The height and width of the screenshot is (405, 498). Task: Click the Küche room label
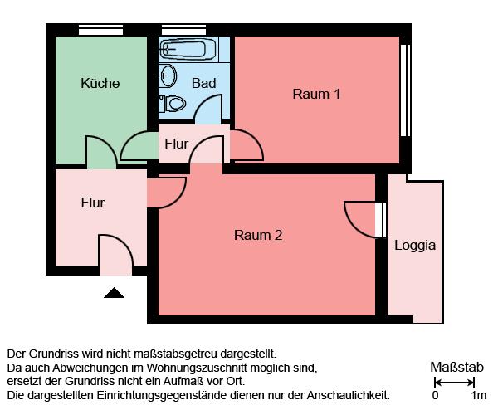(100, 83)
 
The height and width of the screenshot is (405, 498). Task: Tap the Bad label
(203, 83)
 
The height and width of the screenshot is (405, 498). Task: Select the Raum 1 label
(316, 94)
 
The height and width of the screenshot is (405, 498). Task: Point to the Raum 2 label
(258, 235)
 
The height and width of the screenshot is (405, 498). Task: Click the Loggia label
(415, 245)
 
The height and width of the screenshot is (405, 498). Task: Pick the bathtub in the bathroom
(188, 47)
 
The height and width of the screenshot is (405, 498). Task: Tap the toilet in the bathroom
(174, 104)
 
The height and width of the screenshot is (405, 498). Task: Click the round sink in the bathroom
(168, 76)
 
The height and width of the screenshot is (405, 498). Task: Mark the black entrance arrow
(115, 292)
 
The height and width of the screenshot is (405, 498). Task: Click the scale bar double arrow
(454, 382)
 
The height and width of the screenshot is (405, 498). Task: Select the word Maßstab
(456, 367)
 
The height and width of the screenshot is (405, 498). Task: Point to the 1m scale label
(478, 395)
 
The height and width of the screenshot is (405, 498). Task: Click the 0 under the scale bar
(435, 395)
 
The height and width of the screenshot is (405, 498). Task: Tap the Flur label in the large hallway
(93, 202)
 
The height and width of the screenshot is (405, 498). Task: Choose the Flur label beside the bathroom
(176, 144)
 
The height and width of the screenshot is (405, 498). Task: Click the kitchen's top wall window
(101, 31)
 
